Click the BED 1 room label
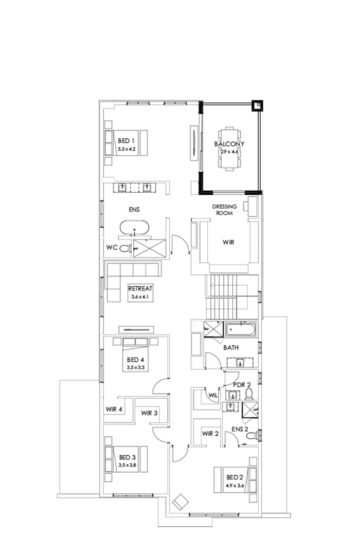126,141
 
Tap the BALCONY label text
229,144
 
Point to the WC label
112,248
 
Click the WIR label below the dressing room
229,242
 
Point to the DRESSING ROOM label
225,209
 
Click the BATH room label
231,348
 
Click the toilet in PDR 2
249,394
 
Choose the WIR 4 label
114,410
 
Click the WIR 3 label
149,413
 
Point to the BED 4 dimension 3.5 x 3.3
136,367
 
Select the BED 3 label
127,457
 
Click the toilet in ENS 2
250,435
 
